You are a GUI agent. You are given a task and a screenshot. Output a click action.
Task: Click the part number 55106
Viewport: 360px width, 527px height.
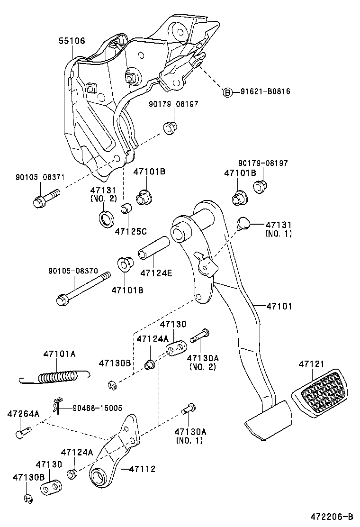(x=72, y=41)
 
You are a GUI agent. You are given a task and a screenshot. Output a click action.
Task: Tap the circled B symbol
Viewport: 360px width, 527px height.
(x=228, y=92)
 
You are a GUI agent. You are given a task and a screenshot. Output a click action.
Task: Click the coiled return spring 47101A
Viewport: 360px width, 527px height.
(x=57, y=377)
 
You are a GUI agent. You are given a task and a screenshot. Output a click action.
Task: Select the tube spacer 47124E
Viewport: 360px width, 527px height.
(x=153, y=246)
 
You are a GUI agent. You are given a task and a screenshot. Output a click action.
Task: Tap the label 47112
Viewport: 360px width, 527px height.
(x=142, y=469)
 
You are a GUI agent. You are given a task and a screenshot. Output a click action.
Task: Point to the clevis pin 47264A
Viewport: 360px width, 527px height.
(x=23, y=433)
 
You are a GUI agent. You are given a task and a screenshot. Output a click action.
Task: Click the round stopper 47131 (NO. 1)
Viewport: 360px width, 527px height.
(x=243, y=222)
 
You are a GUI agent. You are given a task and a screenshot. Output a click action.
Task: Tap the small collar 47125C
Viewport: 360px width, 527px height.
(x=126, y=208)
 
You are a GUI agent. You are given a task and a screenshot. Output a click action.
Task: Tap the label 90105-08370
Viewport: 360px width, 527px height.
(x=73, y=271)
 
